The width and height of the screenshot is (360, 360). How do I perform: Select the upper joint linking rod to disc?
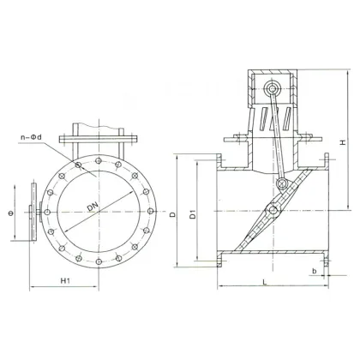tap(284, 183)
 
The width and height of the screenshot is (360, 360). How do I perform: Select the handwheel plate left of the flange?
tap(31, 207)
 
